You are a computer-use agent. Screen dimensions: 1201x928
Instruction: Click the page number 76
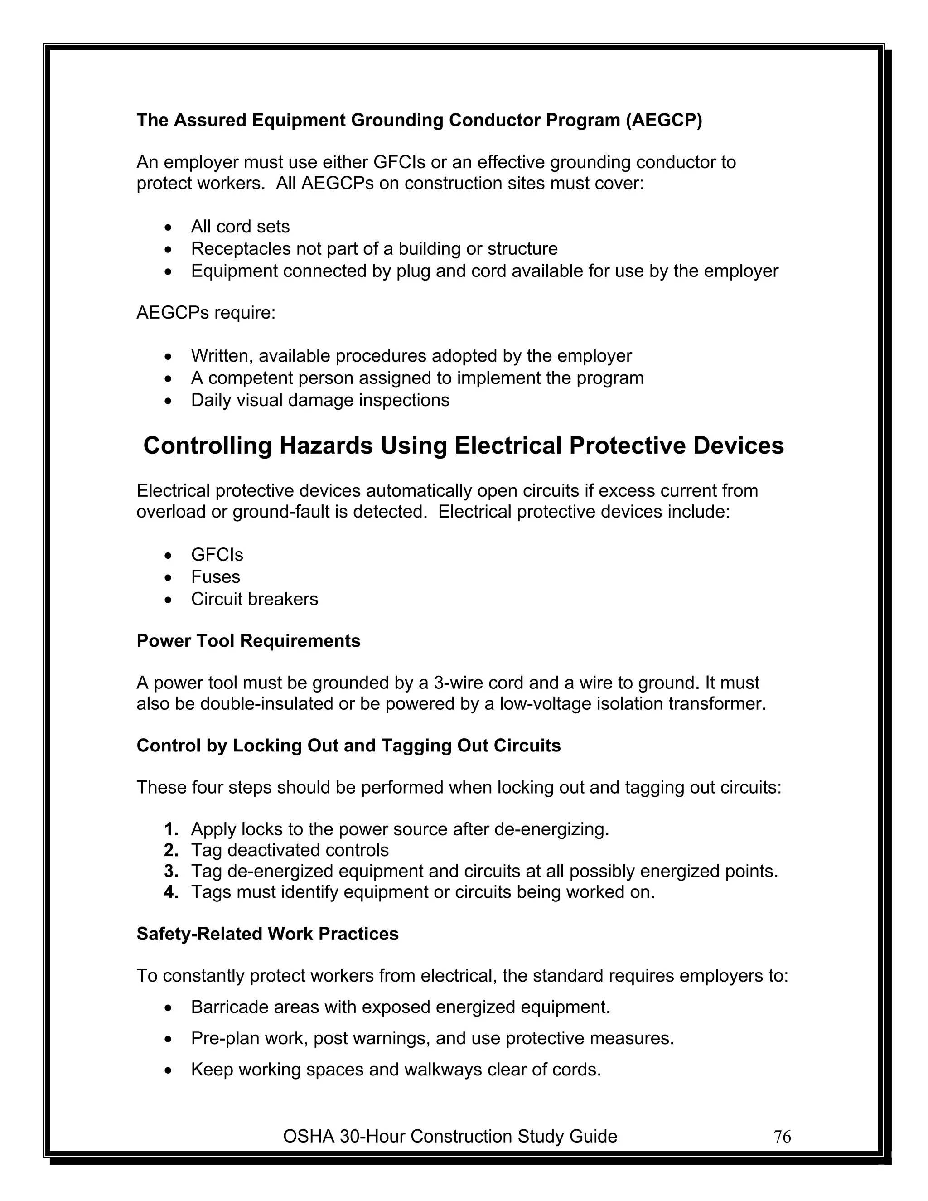pos(782,1137)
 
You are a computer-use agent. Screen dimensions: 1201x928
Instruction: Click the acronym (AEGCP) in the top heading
pos(663,120)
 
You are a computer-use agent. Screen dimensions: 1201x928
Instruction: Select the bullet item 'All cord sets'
pos(240,227)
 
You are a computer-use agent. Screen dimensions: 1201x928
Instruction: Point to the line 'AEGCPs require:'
pos(206,313)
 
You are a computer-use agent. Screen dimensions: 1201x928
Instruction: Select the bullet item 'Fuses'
pos(216,577)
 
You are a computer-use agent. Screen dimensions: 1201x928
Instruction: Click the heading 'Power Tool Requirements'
pos(248,641)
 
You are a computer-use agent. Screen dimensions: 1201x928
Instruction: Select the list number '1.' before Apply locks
pos(171,829)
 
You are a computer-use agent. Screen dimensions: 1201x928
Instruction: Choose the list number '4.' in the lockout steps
pos(171,892)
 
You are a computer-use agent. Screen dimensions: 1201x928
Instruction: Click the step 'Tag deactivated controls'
pos(290,850)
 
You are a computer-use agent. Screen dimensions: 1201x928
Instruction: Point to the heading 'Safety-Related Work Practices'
pos(267,934)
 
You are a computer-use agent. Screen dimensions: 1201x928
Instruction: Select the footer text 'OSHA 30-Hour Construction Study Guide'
pos(449,1136)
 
